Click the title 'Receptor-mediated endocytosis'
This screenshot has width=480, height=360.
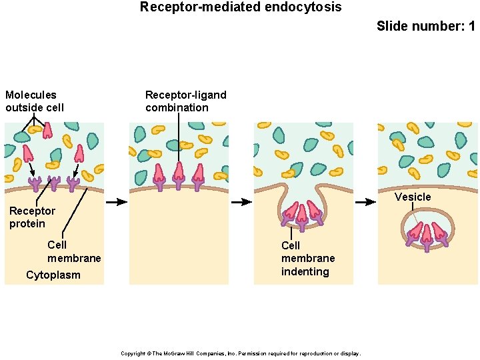pos(240,7)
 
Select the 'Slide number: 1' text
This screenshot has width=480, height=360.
pos(425,27)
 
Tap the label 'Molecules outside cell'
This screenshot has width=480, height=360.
pos(34,101)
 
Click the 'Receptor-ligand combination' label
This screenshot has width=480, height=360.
pos(185,101)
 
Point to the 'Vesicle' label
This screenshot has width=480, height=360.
pos(413,197)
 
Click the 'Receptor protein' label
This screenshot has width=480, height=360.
pos(32,217)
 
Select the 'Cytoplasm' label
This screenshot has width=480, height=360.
pos(53,275)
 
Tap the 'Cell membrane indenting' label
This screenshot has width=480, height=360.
pos(307,259)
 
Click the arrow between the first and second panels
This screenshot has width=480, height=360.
pos(116,202)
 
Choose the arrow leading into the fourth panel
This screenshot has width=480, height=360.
pos(366,202)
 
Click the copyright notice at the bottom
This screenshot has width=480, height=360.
pos(240,353)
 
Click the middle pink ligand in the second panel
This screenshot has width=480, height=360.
pos(179,172)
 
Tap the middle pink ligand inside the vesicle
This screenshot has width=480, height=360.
pos(427,230)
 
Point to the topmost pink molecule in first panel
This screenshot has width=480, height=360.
pos(47,130)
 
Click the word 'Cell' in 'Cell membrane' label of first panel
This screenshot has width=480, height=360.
pos(57,245)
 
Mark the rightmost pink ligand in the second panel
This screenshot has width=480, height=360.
pos(198,173)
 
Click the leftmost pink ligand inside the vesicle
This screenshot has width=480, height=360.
pos(415,231)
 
